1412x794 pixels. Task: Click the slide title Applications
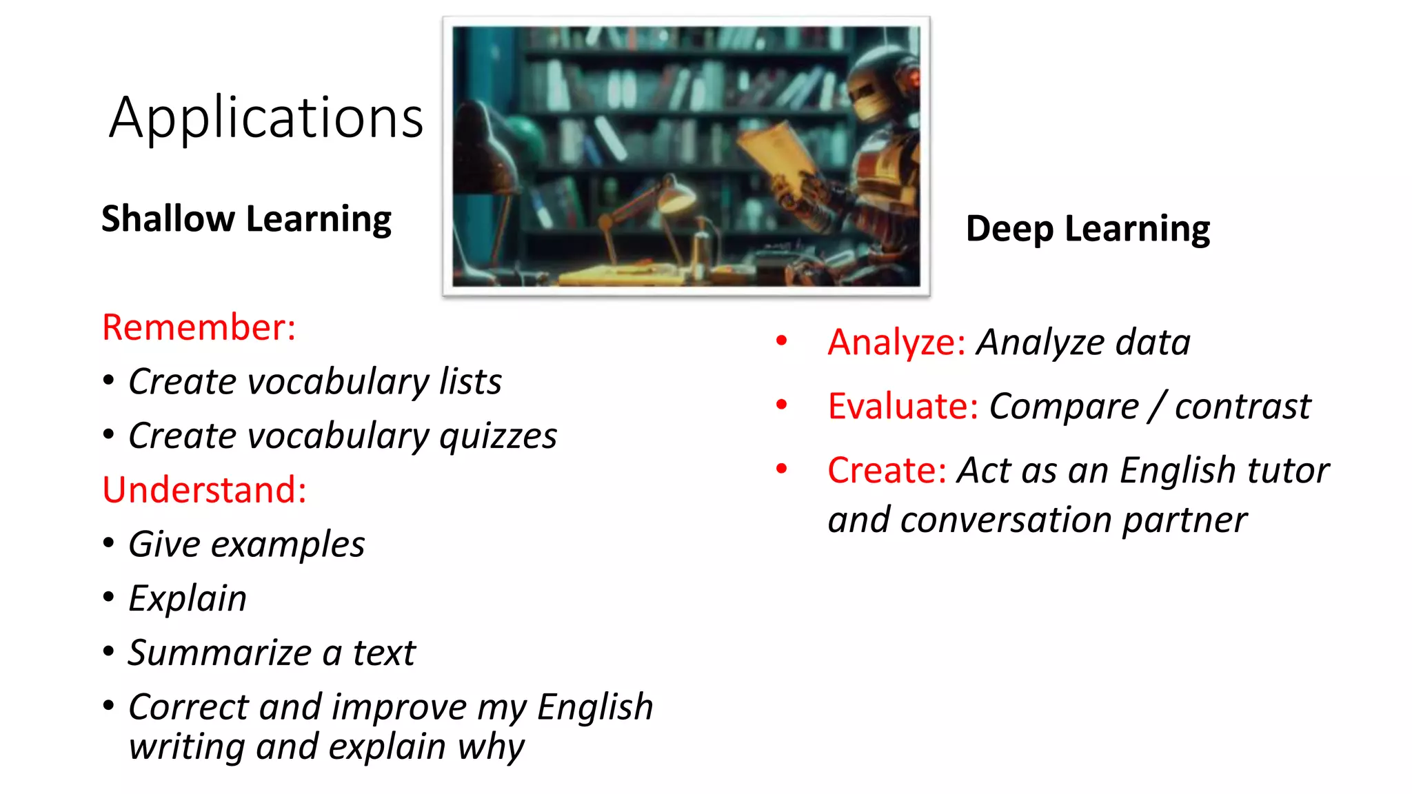click(266, 119)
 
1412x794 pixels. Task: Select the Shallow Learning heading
click(246, 219)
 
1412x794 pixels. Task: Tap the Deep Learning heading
click(1087, 229)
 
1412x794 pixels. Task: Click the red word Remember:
click(199, 327)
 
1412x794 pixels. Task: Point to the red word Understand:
click(204, 490)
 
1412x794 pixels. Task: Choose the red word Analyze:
click(896, 343)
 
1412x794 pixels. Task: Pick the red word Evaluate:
click(902, 406)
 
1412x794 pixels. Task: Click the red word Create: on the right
click(887, 471)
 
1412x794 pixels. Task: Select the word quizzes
click(498, 436)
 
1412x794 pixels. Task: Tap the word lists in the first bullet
click(471, 382)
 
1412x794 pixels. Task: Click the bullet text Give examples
click(246, 544)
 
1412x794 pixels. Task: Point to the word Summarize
click(219, 653)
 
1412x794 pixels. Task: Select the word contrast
click(1242, 406)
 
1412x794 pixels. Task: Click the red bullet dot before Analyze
click(781, 340)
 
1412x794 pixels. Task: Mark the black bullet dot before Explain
click(108, 597)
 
